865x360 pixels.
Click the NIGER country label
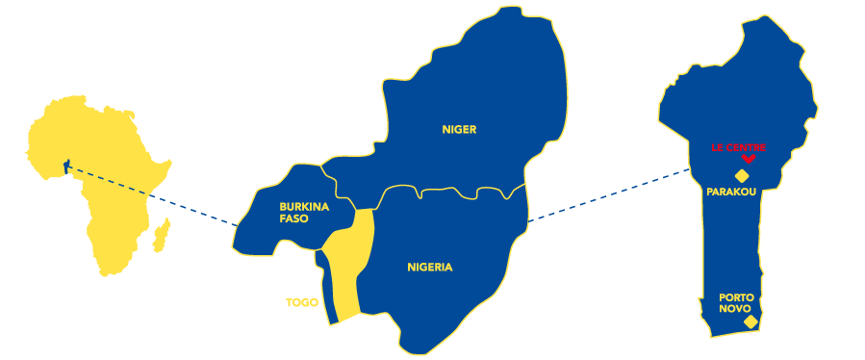(459, 130)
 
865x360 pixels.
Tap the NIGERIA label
(429, 268)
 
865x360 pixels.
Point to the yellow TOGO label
(301, 303)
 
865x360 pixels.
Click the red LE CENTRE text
(738, 148)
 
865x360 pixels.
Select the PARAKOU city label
(731, 192)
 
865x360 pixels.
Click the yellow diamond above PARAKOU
(742, 175)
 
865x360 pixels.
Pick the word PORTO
(736, 297)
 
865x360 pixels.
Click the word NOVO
(734, 309)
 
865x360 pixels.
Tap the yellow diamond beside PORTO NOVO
(751, 321)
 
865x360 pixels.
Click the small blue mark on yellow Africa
(66, 167)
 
